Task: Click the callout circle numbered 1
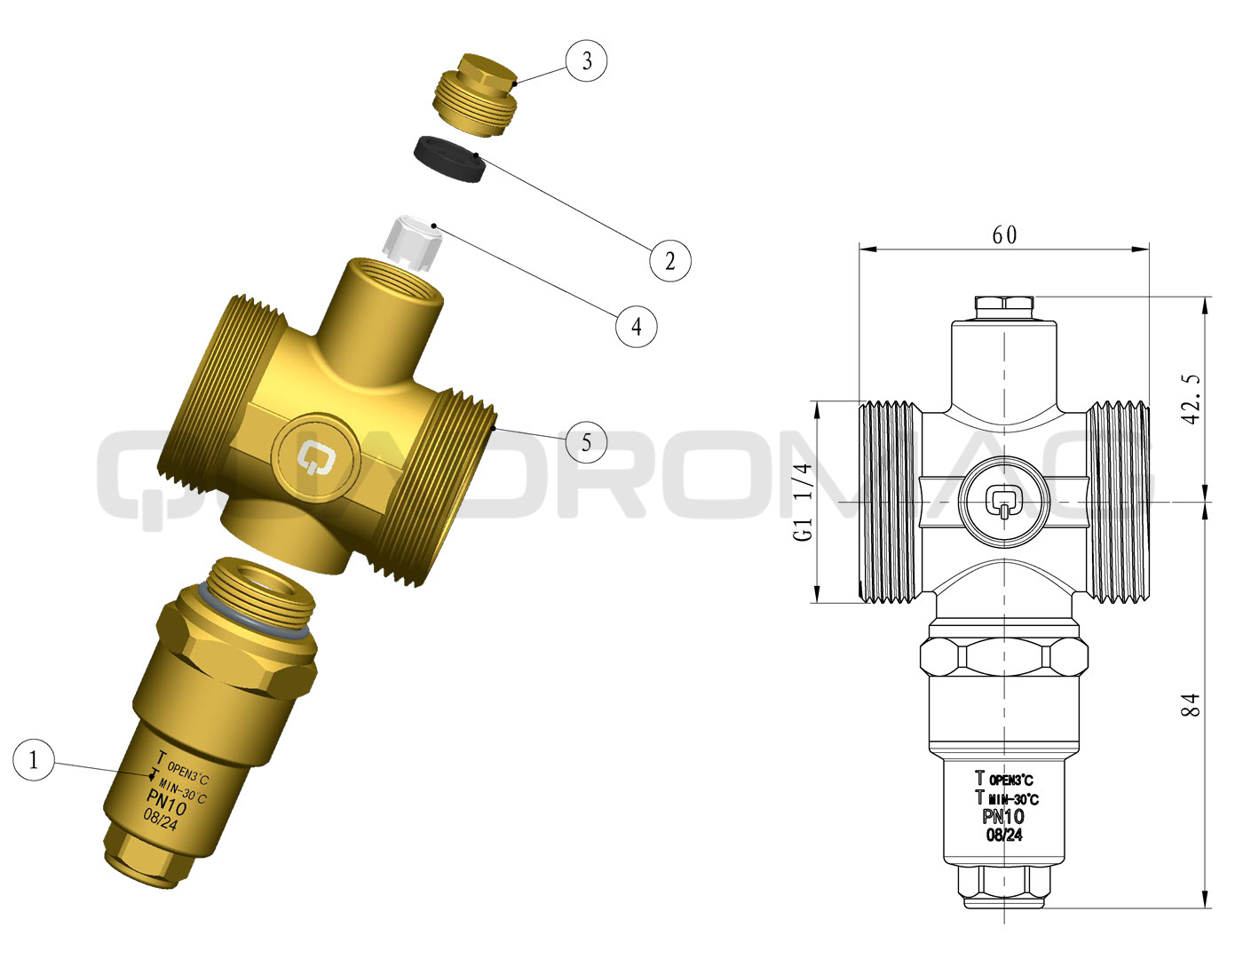click(x=34, y=760)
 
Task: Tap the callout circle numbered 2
click(x=670, y=261)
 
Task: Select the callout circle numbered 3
click(x=587, y=60)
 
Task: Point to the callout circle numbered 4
click(x=636, y=327)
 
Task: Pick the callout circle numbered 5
click(x=586, y=442)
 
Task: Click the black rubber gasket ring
click(x=448, y=160)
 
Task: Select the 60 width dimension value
click(x=1004, y=234)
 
